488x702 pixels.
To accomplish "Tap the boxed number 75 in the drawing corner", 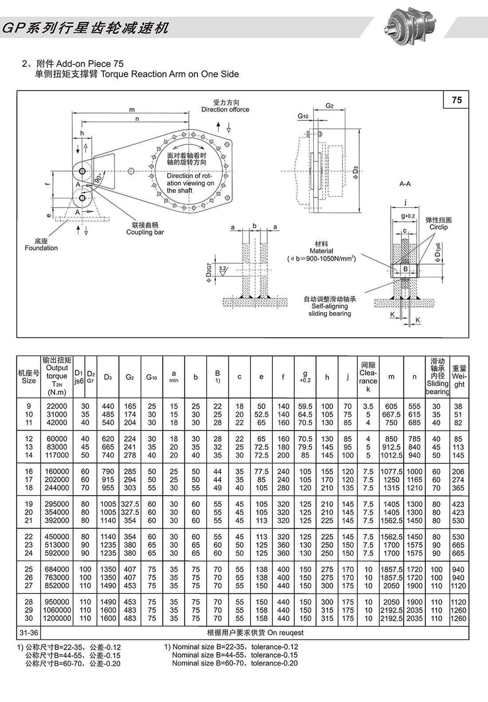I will tap(457, 100).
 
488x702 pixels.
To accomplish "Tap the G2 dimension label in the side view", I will tap(330, 106).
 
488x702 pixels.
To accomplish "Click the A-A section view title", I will tap(405, 184).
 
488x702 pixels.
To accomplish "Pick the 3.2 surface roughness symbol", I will tap(223, 269).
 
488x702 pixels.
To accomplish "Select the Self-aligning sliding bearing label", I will tap(330, 306).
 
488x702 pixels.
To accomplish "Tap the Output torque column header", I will tap(57, 376).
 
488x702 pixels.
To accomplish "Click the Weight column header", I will tap(459, 376).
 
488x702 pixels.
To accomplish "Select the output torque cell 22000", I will tap(57, 406).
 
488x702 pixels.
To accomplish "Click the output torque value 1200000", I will tap(57, 618).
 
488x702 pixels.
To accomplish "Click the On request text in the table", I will tap(255, 633).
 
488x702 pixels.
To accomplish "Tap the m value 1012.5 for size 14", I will tap(391, 455).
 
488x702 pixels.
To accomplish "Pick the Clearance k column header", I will tap(368, 377).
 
